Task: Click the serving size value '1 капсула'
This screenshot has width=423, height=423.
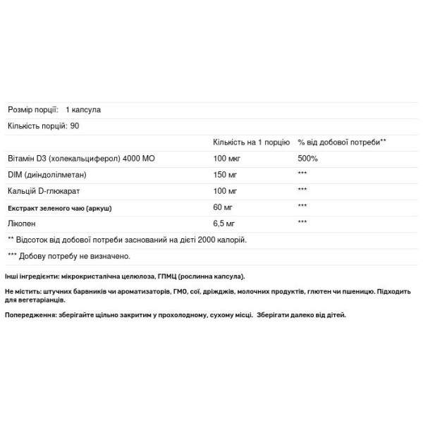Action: [84, 110]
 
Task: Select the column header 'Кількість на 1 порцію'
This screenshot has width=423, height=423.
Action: [250, 142]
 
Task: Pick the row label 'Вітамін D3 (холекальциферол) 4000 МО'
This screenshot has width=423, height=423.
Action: [81, 158]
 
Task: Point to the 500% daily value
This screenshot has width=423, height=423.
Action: [307, 158]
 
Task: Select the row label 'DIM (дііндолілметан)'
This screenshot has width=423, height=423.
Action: [46, 174]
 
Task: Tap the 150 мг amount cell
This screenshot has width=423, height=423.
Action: [225, 174]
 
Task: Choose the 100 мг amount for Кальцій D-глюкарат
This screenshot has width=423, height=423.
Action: [225, 190]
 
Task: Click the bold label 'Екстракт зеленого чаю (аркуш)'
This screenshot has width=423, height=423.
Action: [60, 207]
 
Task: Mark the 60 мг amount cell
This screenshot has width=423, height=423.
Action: [223, 207]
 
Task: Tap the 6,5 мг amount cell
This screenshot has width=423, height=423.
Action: [224, 223]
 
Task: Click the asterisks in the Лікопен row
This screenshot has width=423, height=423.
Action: [304, 223]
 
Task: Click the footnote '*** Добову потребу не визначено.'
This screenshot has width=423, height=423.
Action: [69, 257]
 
